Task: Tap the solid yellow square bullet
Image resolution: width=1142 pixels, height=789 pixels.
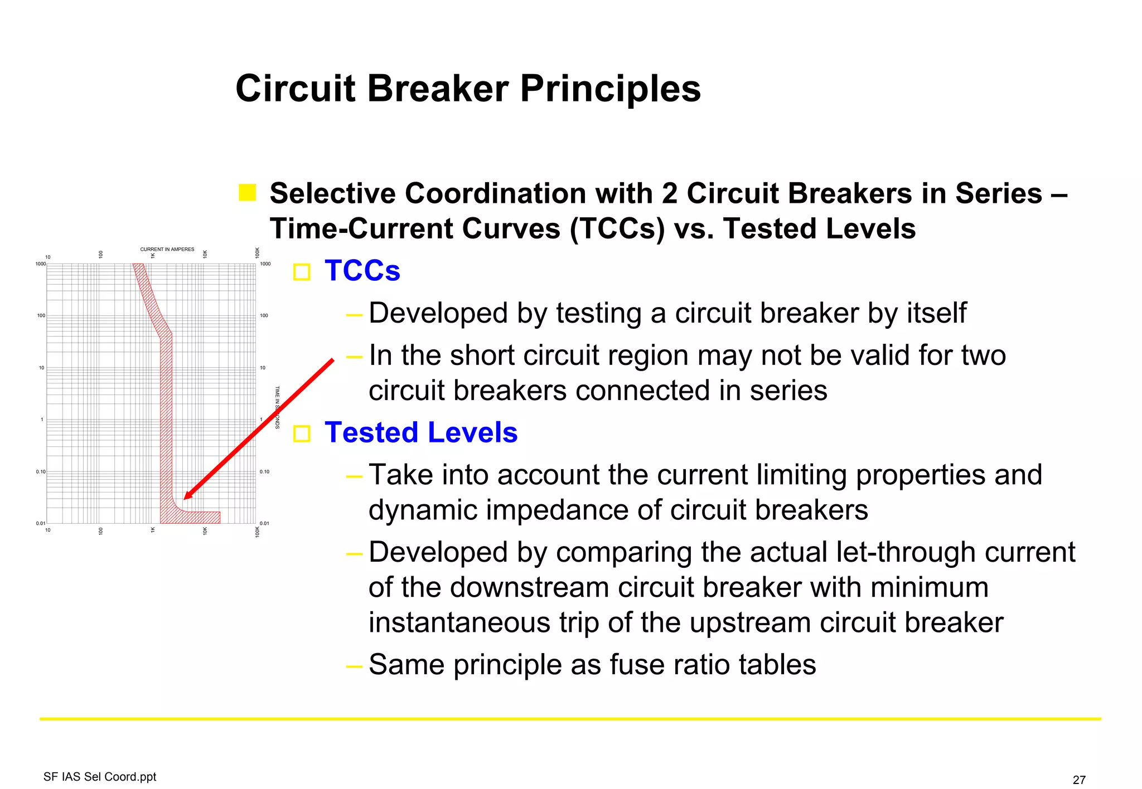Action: [247, 193]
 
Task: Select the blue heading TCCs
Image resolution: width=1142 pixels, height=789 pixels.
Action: [362, 271]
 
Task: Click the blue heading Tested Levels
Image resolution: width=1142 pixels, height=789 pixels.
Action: [421, 432]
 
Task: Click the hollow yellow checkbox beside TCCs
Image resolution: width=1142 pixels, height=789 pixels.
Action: [302, 272]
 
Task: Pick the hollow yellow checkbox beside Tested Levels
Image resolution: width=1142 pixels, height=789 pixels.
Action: [302, 434]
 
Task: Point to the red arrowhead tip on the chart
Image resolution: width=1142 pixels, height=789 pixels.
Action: [186, 498]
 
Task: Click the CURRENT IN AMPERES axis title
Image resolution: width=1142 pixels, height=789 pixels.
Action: [167, 249]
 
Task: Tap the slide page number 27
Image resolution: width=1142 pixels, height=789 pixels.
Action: [1079, 780]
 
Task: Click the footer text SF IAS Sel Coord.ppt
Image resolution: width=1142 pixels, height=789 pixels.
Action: [100, 777]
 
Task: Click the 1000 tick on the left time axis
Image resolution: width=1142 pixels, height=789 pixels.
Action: [40, 264]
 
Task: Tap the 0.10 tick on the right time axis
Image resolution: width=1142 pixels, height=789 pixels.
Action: [264, 471]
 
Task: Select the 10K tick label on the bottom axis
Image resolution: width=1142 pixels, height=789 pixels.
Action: [205, 531]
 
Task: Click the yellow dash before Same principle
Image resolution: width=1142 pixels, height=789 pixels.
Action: [354, 665]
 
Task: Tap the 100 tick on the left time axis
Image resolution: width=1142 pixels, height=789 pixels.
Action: [41, 315]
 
